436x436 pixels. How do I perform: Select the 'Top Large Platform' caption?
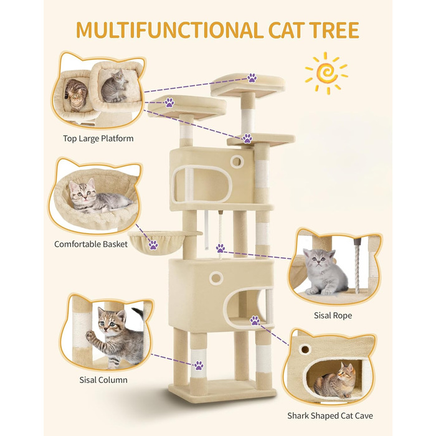click(x=98, y=138)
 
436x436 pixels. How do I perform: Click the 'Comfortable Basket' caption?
click(x=91, y=244)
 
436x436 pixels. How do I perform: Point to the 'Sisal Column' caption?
click(x=103, y=380)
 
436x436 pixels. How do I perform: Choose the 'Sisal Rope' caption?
click(x=333, y=315)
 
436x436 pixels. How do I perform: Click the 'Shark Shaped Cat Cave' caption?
click(x=330, y=415)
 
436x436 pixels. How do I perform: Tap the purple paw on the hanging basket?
click(x=153, y=245)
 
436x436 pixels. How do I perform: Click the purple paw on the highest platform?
click(x=252, y=78)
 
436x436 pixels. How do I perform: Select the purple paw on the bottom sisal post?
click(x=199, y=365)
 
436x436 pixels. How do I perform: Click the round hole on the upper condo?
click(x=237, y=161)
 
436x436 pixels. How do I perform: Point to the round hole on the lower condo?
click(x=216, y=278)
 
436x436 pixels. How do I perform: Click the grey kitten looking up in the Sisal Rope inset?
click(x=325, y=272)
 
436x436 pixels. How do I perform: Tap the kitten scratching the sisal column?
click(x=117, y=336)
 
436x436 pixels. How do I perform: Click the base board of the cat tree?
click(x=222, y=389)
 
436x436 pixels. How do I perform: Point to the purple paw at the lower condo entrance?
click(x=255, y=321)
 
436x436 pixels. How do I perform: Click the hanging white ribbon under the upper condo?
click(x=206, y=230)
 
